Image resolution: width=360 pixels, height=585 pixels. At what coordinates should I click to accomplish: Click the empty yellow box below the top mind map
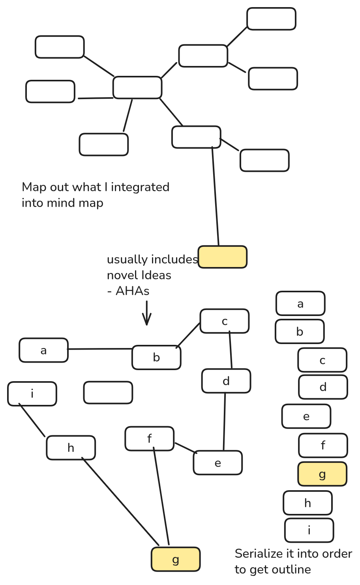pos(223,257)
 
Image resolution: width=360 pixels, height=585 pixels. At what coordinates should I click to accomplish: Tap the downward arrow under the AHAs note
pos(147,314)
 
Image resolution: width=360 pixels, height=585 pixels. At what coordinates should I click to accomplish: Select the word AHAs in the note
pos(133,291)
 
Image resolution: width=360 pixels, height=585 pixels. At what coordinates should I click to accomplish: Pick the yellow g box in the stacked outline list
pos(322,474)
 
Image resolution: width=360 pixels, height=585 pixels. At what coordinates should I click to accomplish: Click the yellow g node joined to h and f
pos(176,559)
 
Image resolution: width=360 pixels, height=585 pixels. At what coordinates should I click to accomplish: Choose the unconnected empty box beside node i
pos(108,393)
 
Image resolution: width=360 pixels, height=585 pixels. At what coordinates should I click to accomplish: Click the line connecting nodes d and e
pos(225,421)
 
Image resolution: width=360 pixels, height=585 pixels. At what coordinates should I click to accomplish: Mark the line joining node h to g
pos(120,501)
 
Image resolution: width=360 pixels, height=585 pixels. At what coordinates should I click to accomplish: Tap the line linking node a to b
pos(100,349)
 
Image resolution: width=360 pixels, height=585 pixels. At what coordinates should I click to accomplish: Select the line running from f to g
pos(161,496)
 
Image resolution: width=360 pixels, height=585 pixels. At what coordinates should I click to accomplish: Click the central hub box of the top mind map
pos(137,87)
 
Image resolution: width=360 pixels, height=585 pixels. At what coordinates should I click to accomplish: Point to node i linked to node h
pos(32,394)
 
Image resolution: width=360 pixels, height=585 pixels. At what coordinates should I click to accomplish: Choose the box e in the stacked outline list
pos(306,416)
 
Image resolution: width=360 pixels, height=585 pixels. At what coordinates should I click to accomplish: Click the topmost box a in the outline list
pos(300,304)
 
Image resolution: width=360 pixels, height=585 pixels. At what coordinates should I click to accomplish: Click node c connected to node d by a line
pos(225,321)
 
